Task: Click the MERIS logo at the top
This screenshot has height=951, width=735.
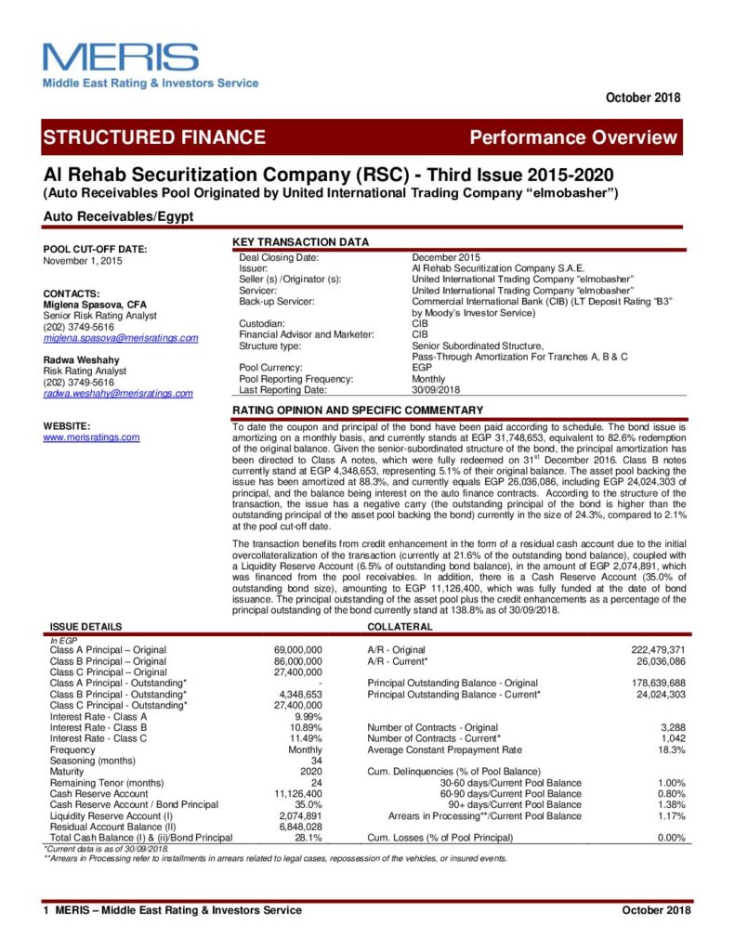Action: pos(121,58)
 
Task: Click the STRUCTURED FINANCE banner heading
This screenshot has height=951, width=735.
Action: pos(154,137)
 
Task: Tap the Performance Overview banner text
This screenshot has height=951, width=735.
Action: pos(573,137)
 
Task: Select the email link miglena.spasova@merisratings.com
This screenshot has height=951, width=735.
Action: pos(121,337)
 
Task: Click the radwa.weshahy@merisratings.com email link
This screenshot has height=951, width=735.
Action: pos(118,393)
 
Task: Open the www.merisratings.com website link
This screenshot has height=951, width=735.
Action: pos(91,436)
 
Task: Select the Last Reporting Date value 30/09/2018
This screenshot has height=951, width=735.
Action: pos(440,390)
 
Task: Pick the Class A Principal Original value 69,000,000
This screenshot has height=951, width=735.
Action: pos(298,650)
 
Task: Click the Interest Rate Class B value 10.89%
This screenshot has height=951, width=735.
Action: pos(307,727)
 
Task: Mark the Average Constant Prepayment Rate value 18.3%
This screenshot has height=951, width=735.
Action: pos(670,749)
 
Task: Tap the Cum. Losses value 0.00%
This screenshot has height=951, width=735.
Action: pos(670,838)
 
